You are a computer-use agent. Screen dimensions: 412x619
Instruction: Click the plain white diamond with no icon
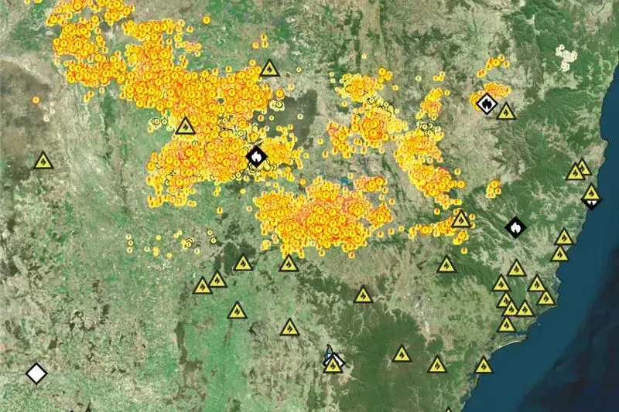click(x=36, y=373)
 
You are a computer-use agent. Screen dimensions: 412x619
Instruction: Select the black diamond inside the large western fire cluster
click(x=256, y=157)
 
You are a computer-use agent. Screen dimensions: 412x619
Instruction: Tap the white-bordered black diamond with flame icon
click(x=487, y=102)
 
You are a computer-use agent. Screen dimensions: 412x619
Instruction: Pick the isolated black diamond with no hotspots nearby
click(x=515, y=227)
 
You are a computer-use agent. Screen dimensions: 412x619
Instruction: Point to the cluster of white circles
click(x=567, y=56)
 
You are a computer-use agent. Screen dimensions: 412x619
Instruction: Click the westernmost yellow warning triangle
click(x=43, y=162)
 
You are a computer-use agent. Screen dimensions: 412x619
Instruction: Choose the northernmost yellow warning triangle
click(x=268, y=68)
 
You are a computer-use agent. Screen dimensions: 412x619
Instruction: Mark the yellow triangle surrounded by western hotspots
click(x=185, y=126)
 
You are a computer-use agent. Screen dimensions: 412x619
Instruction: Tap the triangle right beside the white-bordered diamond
click(x=506, y=112)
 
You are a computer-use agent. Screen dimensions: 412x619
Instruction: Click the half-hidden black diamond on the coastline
click(x=592, y=202)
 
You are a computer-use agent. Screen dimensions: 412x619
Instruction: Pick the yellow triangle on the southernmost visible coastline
click(x=484, y=365)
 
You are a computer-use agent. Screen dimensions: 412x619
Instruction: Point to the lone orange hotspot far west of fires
click(x=36, y=100)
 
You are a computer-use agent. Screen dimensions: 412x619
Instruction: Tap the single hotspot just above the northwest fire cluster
click(x=207, y=19)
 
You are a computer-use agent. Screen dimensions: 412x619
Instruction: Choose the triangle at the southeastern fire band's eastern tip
click(x=461, y=220)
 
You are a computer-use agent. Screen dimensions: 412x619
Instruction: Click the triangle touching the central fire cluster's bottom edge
click(x=289, y=264)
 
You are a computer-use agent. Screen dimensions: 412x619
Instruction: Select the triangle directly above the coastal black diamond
click(x=591, y=192)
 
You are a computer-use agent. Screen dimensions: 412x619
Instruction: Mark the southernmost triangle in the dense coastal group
click(x=507, y=325)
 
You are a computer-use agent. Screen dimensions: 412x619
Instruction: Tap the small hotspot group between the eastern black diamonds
click(x=494, y=186)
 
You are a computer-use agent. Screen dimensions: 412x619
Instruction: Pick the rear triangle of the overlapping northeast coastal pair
click(x=582, y=166)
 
